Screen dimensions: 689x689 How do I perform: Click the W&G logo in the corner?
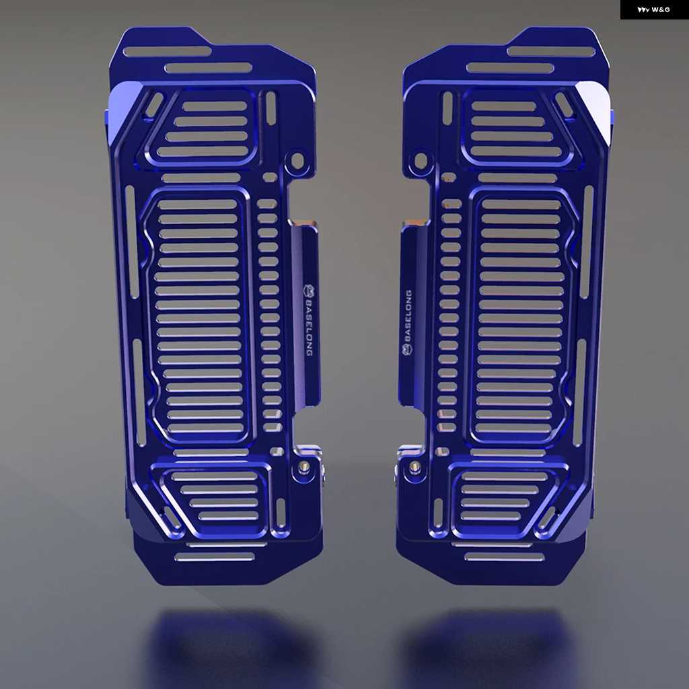click(653, 9)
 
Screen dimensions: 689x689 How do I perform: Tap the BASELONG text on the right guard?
click(408, 316)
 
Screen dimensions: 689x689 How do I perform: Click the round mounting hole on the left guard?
click(297, 161)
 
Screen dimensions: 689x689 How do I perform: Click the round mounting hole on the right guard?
click(421, 161)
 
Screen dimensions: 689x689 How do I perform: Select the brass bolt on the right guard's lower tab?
click(414, 466)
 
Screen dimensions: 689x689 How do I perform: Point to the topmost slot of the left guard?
click(167, 51)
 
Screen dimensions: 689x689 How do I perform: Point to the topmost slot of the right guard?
click(551, 51)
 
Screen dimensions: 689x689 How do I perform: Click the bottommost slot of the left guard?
click(215, 557)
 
